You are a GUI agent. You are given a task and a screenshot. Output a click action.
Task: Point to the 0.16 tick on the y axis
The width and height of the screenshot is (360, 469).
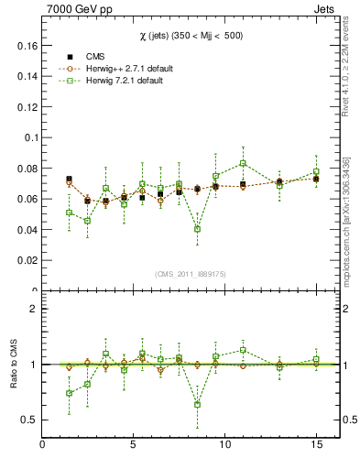tap(27, 45)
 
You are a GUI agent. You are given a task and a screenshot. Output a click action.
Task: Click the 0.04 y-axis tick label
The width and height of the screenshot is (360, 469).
tap(27, 230)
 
